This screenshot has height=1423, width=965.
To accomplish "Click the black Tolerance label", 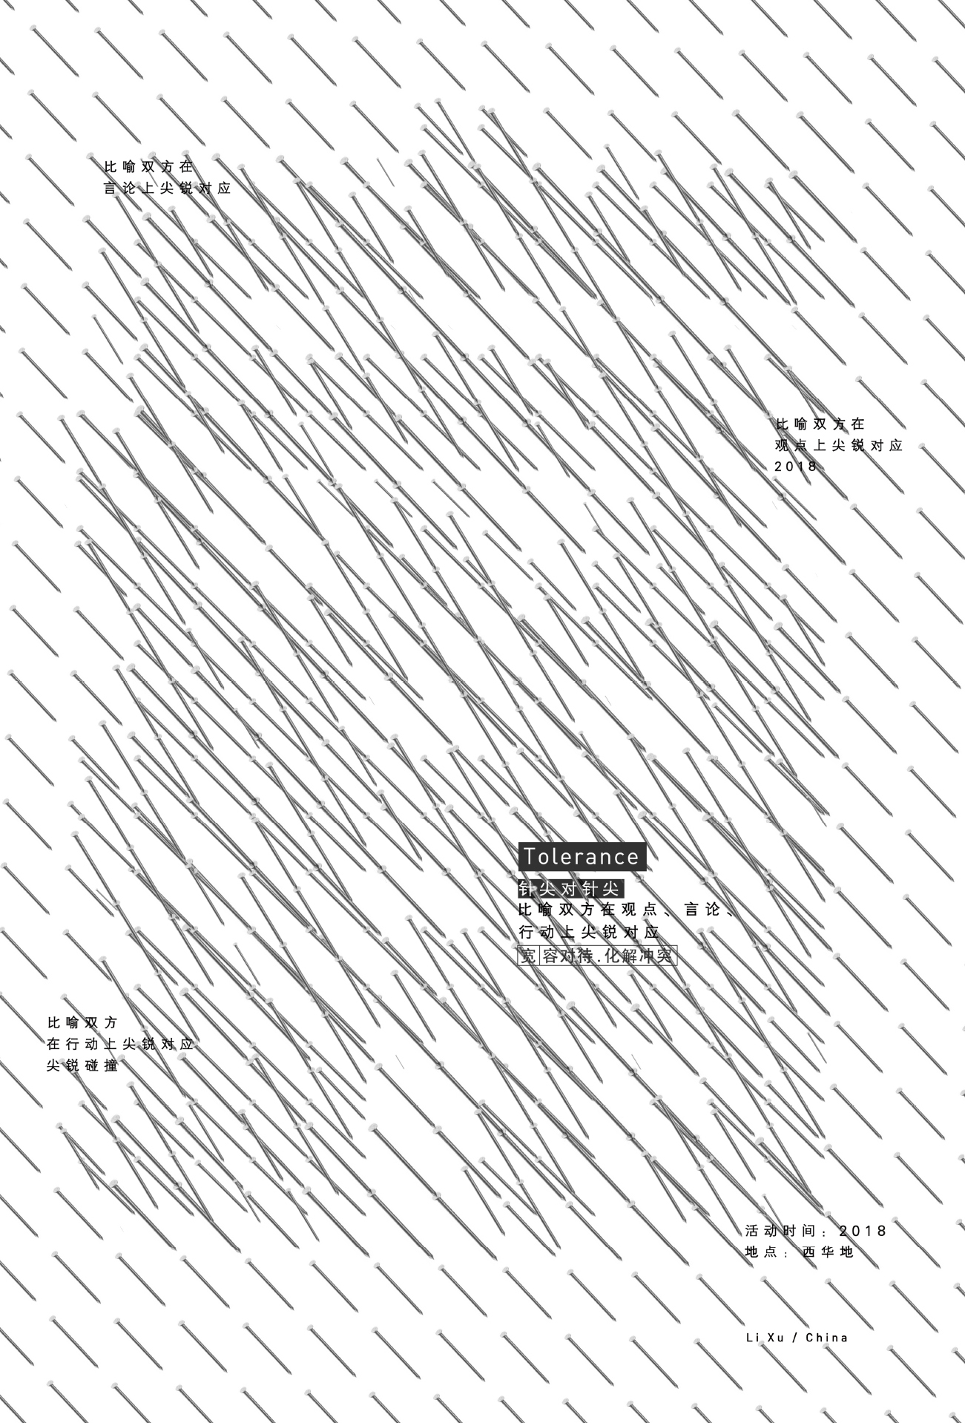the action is click(x=581, y=856).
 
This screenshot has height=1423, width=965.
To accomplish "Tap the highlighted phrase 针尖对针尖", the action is click(x=570, y=889).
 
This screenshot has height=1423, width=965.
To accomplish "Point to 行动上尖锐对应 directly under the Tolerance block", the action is click(x=589, y=932).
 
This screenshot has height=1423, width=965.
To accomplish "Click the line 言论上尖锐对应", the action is click(x=168, y=188).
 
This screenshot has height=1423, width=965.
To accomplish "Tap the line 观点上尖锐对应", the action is click(x=839, y=446).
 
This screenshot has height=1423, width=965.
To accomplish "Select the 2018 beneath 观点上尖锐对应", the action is click(x=795, y=467).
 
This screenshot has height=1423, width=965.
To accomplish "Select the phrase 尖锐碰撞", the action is click(x=82, y=1066).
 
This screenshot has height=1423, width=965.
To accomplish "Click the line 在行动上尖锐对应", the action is click(x=120, y=1044).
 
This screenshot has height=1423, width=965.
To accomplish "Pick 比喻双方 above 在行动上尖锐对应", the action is click(x=82, y=1022).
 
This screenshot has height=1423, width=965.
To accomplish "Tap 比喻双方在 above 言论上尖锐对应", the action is click(x=148, y=167).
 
